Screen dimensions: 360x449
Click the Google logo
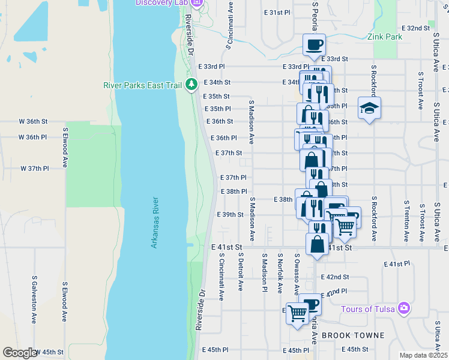(20, 353)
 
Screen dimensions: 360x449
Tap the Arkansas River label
(155, 223)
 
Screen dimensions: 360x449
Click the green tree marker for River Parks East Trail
(191, 85)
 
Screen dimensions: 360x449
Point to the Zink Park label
(384, 37)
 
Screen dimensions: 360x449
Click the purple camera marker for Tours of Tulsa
(404, 308)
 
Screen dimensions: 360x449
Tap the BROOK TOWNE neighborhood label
(348, 335)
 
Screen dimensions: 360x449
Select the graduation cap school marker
(369, 108)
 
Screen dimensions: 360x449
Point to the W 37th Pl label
(34, 169)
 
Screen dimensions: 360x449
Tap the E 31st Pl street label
(277, 13)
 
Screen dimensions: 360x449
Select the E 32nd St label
(418, 28)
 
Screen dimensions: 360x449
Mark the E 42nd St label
(335, 277)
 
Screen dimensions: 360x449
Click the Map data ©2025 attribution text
(423, 355)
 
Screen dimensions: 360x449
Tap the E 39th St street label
(231, 214)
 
